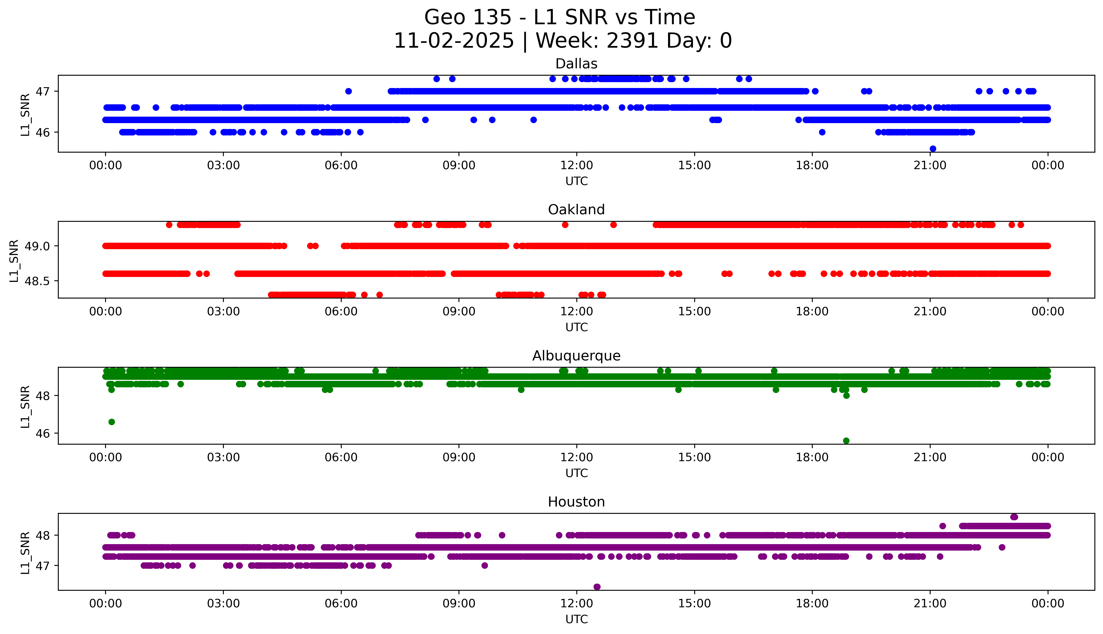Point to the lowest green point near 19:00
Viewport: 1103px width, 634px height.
coord(846,441)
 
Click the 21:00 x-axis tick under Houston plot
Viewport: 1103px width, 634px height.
coord(930,603)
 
